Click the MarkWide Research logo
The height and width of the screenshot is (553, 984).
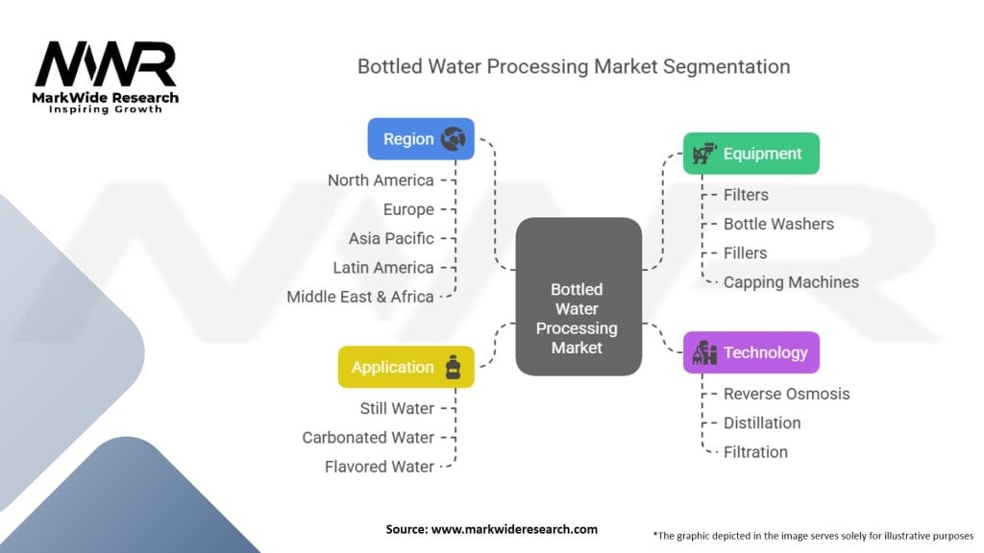[x=106, y=77]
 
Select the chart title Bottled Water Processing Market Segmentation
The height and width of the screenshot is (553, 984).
[x=574, y=66]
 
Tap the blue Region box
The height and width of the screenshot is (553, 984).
[x=421, y=138]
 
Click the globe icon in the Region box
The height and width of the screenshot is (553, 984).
[x=453, y=139]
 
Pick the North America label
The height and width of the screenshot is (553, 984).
[x=381, y=180]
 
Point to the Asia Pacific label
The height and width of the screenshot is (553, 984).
[x=391, y=238]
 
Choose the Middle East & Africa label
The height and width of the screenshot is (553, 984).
[x=360, y=297]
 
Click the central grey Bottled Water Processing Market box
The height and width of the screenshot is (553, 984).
[x=578, y=296]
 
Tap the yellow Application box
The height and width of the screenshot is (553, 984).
[x=406, y=367]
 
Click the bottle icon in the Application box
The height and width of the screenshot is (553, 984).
[x=452, y=367]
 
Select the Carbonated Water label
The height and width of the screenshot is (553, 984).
[x=368, y=438]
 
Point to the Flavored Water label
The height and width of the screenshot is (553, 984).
[x=380, y=467]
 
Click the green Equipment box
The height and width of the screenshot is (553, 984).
[x=750, y=154]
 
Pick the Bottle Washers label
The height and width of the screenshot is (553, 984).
[x=778, y=224]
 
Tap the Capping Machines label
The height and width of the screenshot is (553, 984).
[x=791, y=282]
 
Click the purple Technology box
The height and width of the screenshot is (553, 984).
[x=750, y=352]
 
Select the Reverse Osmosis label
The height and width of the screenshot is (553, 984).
[x=786, y=394]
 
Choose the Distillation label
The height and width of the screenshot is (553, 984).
[x=761, y=422]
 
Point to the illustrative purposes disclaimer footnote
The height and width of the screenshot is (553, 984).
[x=813, y=535]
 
